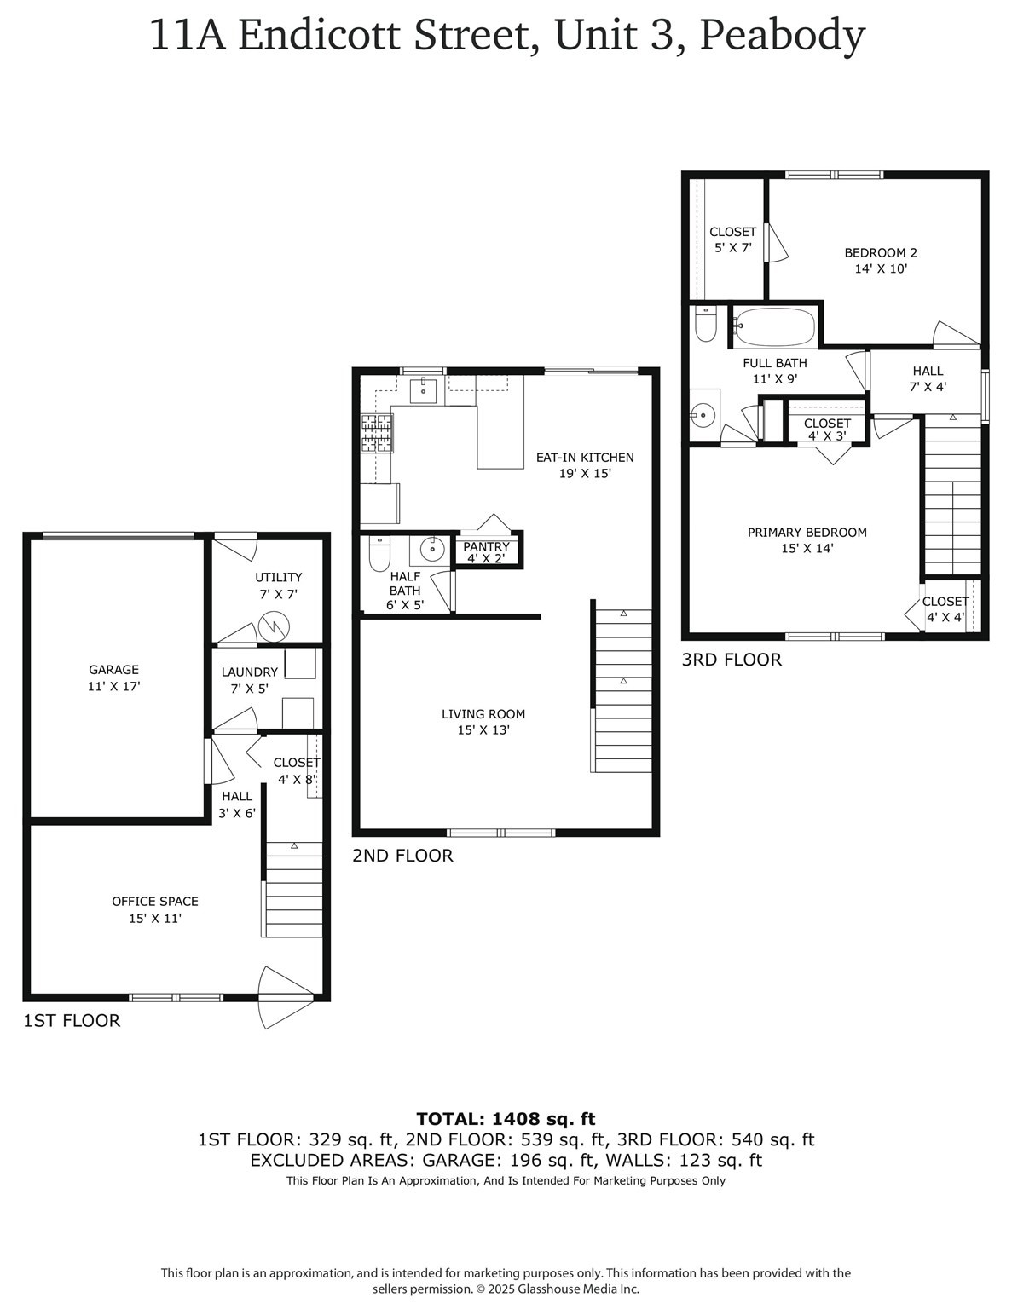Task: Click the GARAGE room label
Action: pyautogui.click(x=113, y=670)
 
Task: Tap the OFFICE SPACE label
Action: pyautogui.click(x=155, y=901)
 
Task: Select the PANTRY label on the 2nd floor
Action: pyautogui.click(x=486, y=546)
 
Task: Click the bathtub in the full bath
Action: pyautogui.click(x=775, y=326)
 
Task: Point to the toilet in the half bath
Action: pyautogui.click(x=379, y=554)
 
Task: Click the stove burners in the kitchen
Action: pyautogui.click(x=377, y=433)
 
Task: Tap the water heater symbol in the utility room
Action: pyautogui.click(x=275, y=627)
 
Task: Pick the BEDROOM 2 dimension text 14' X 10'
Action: pyautogui.click(x=881, y=268)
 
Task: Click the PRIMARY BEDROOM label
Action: pyautogui.click(x=807, y=533)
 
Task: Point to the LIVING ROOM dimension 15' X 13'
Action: pyautogui.click(x=483, y=730)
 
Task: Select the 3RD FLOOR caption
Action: pyautogui.click(x=732, y=660)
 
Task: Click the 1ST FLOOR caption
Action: pyautogui.click(x=72, y=1021)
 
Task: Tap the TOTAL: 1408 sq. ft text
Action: pyautogui.click(x=506, y=1119)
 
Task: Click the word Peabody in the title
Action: pyautogui.click(x=783, y=36)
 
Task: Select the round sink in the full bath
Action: pyautogui.click(x=703, y=416)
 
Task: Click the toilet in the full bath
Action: pyautogui.click(x=705, y=326)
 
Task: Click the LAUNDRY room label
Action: pyautogui.click(x=249, y=672)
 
